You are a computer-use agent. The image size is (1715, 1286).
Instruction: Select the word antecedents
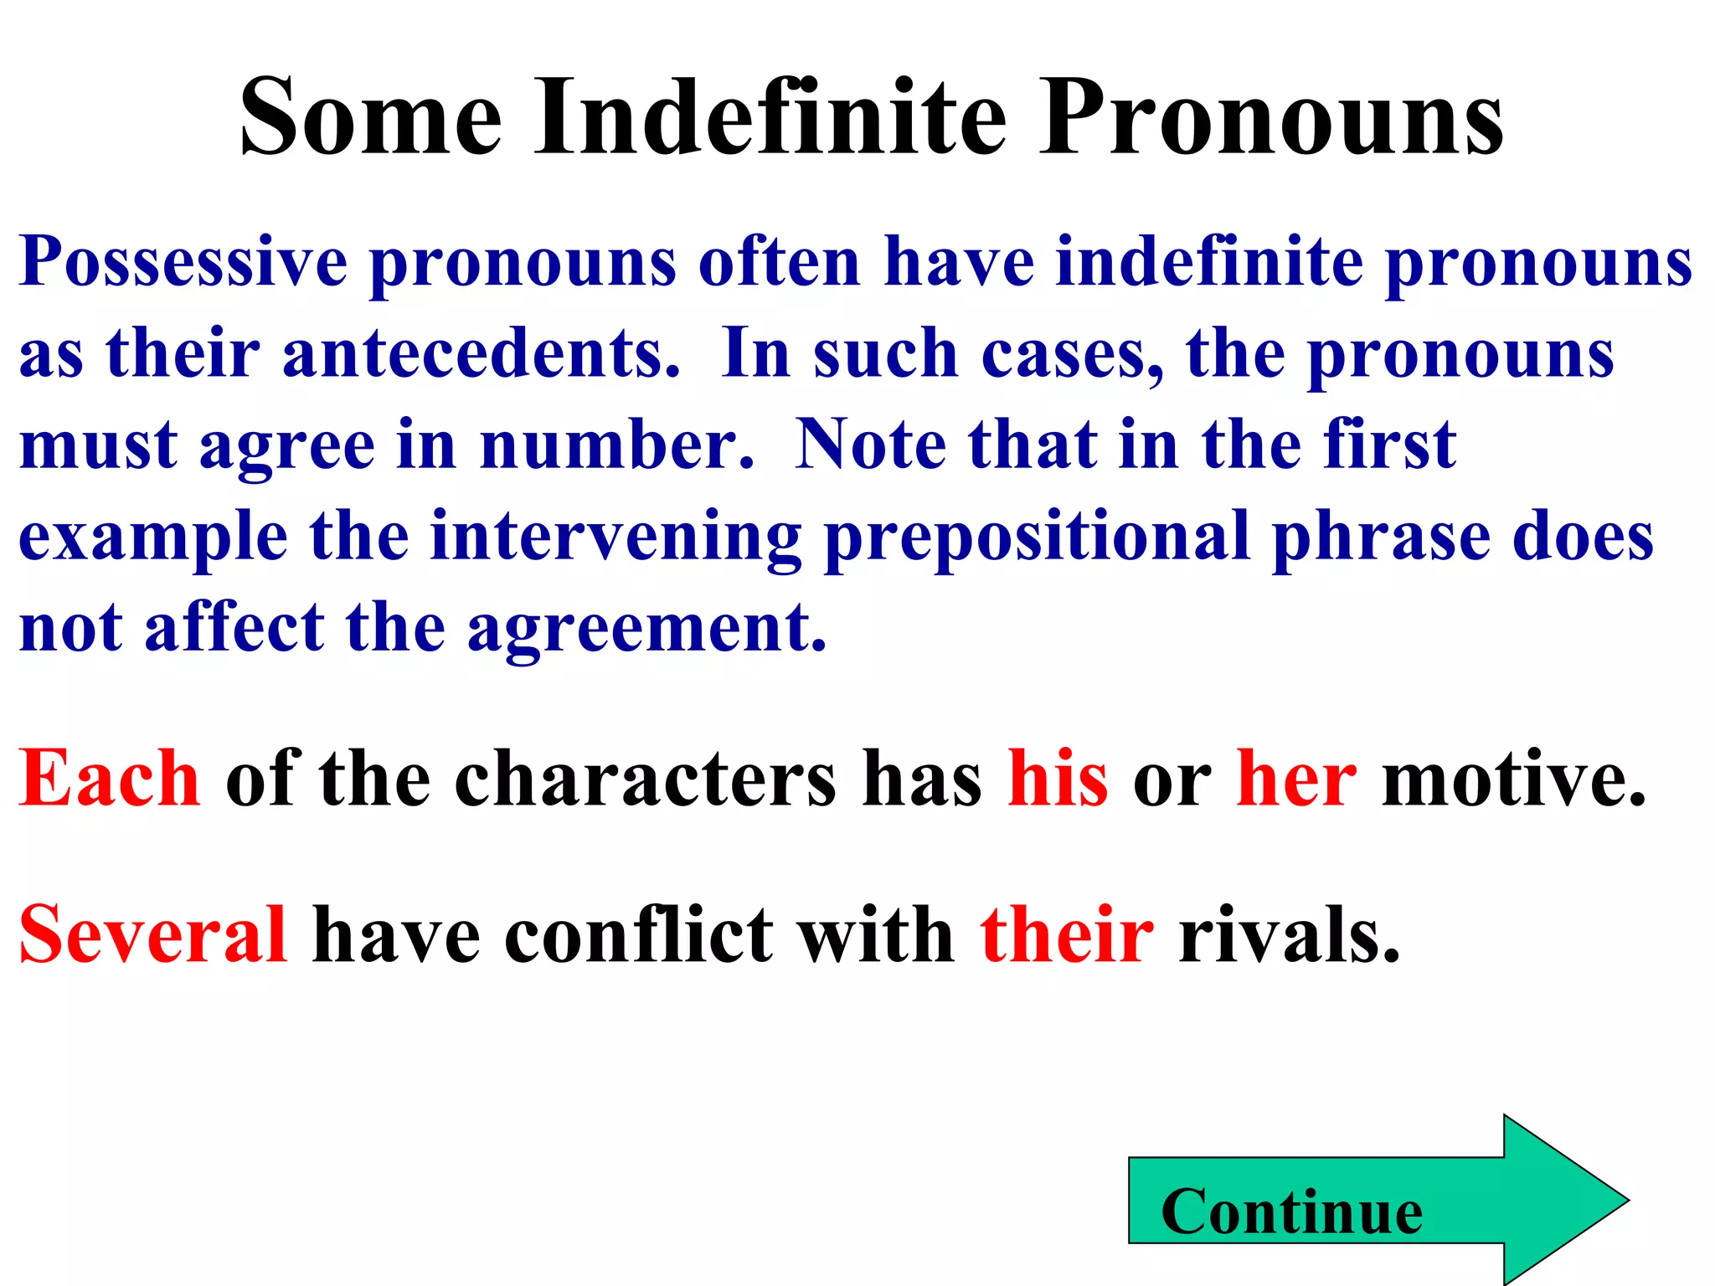point(481,354)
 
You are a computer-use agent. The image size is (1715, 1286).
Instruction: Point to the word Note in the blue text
point(870,445)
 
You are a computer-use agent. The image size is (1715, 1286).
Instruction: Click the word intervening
point(615,537)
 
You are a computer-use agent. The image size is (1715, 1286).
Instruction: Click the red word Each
point(110,779)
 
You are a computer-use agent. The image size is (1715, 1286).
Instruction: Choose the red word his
point(1058,779)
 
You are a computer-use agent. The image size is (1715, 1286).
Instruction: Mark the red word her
point(1295,779)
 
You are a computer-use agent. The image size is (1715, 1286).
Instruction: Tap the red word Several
point(153,934)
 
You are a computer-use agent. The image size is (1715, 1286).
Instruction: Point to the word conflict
point(639,934)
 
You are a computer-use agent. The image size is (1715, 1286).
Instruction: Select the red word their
point(1066,934)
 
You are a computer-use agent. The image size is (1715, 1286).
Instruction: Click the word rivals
point(1289,934)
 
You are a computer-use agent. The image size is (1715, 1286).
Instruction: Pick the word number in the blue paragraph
point(616,445)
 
